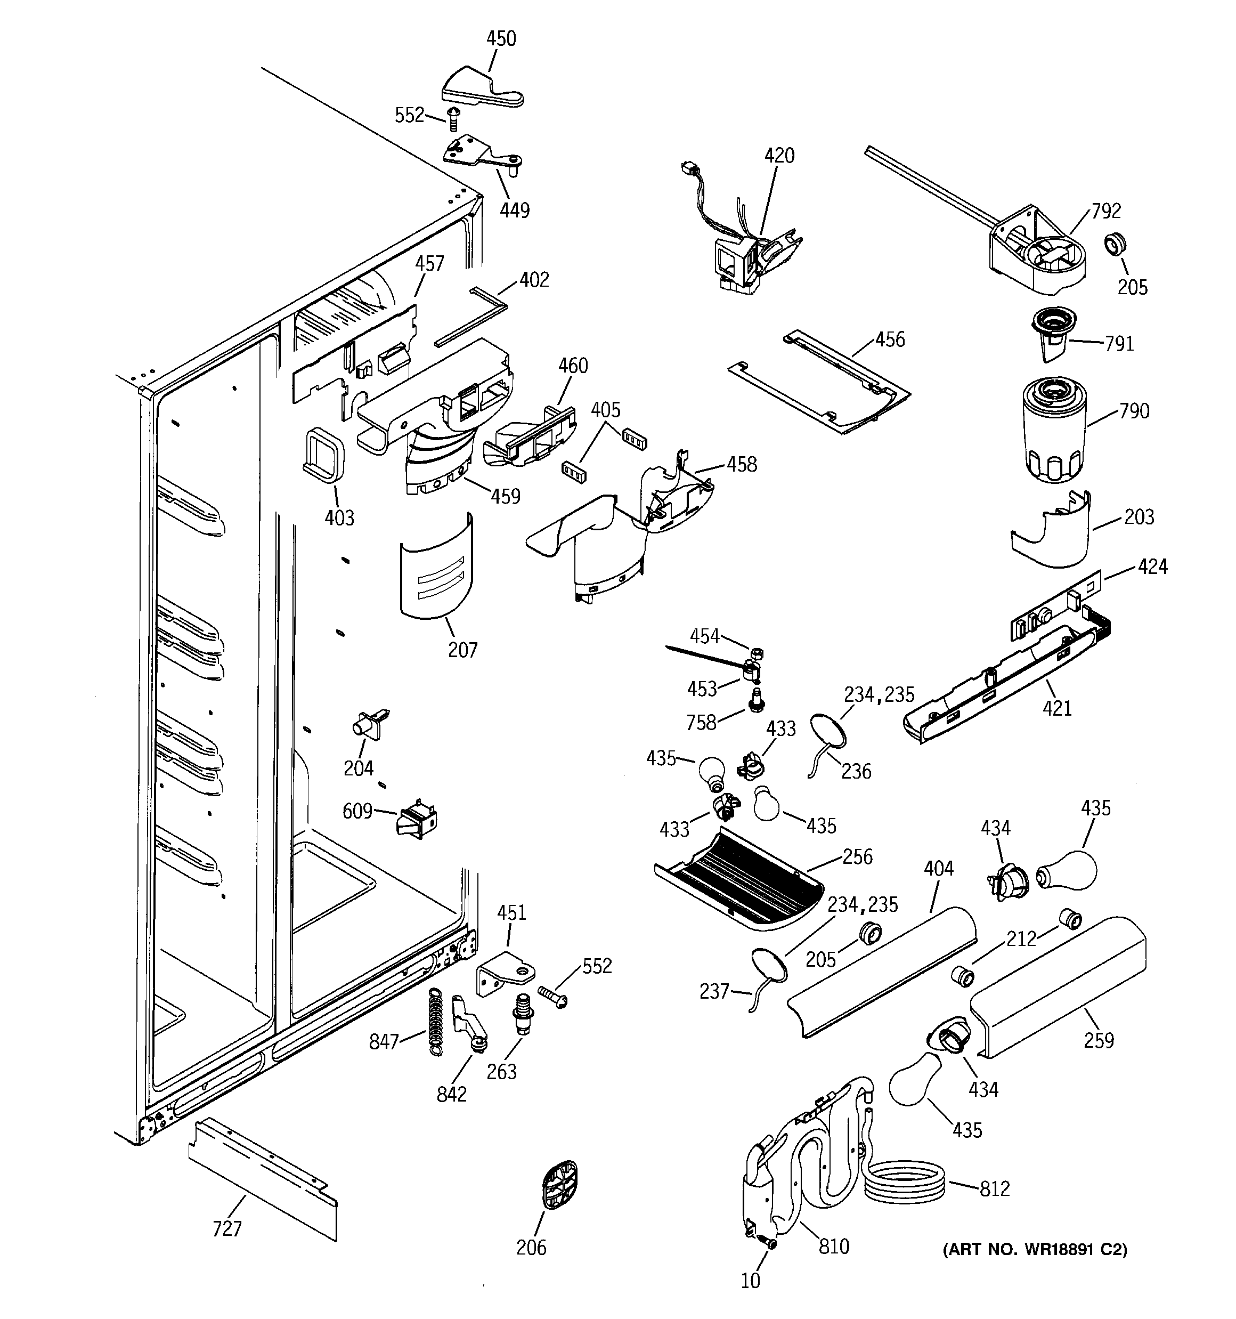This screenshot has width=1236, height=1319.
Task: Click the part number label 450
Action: [501, 39]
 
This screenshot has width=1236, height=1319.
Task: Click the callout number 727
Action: [227, 1229]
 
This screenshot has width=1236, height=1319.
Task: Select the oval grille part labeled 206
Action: [559, 1186]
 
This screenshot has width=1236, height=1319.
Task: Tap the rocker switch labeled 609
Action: [416, 818]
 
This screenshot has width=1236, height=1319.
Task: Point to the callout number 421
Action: [1057, 709]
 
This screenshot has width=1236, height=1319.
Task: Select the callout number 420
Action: [779, 156]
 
